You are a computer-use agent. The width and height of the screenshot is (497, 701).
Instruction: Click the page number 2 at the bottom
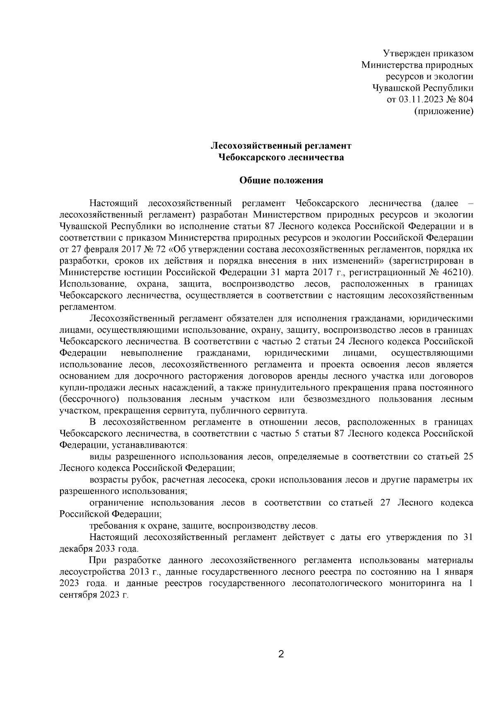tap(281, 655)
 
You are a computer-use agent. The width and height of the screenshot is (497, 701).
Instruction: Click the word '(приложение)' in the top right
tap(444, 111)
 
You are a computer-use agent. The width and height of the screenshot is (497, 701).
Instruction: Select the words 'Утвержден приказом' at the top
tap(428, 53)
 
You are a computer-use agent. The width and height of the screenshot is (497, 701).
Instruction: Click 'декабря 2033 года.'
tap(99, 549)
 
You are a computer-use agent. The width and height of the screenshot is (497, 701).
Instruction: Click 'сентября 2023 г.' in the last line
tap(94, 595)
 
